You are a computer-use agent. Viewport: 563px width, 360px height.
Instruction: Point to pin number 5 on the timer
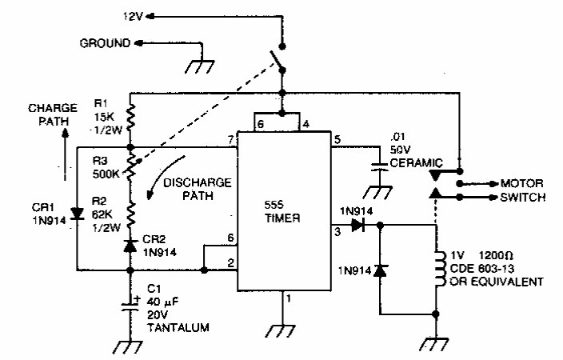pyautogui.click(x=337, y=141)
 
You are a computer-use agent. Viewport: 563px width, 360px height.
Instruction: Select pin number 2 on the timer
pyautogui.click(x=231, y=264)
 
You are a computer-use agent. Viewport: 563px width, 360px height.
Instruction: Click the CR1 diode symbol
pyautogui.click(x=77, y=214)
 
